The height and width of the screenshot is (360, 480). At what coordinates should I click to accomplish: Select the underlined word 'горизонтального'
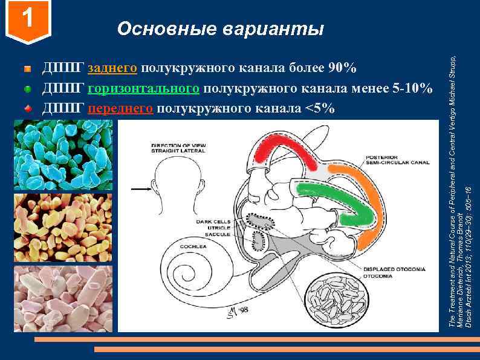[x=143, y=88]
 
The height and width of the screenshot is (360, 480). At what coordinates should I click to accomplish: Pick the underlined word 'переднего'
[x=122, y=109]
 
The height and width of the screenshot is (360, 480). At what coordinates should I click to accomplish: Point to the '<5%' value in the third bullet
[x=320, y=109]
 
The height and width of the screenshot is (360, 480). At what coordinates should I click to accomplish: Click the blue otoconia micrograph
[x=63, y=155]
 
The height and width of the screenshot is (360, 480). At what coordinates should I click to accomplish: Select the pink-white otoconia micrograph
[x=63, y=297]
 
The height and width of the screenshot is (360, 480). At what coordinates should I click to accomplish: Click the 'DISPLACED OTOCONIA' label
[x=390, y=268]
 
